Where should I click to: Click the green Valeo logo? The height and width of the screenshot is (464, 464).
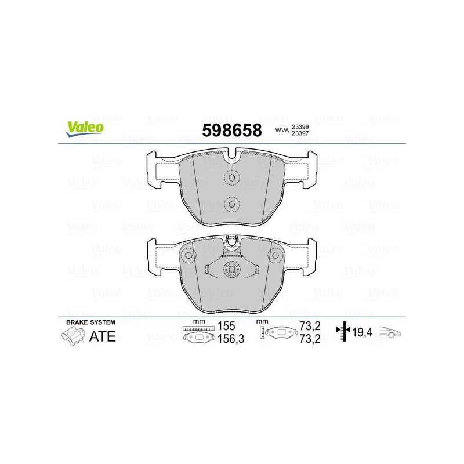85,129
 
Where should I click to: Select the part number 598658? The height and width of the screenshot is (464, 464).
232,130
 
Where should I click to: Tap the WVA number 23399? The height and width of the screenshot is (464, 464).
300,126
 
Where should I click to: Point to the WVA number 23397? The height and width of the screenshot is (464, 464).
300,133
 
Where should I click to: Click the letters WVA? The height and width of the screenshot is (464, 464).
282,130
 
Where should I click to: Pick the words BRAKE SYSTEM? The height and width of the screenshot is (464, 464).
90,322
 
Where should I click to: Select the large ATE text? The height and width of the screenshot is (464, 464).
103,336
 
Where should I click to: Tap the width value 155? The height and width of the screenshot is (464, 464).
226,326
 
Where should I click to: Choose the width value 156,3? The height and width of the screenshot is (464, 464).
231,339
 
